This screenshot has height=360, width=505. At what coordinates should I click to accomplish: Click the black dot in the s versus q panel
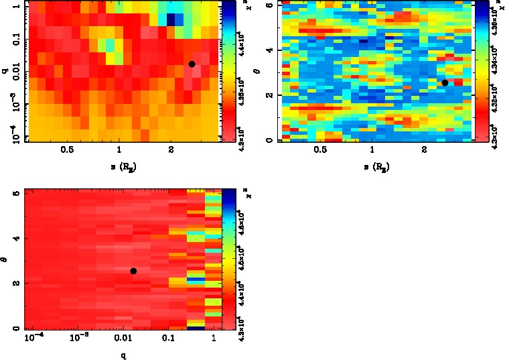(x=192, y=64)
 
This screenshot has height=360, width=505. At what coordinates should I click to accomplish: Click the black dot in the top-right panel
(x=445, y=82)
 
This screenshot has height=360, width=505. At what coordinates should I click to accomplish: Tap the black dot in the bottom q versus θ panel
(x=133, y=271)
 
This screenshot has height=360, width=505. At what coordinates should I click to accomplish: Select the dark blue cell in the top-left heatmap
(x=171, y=19)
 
